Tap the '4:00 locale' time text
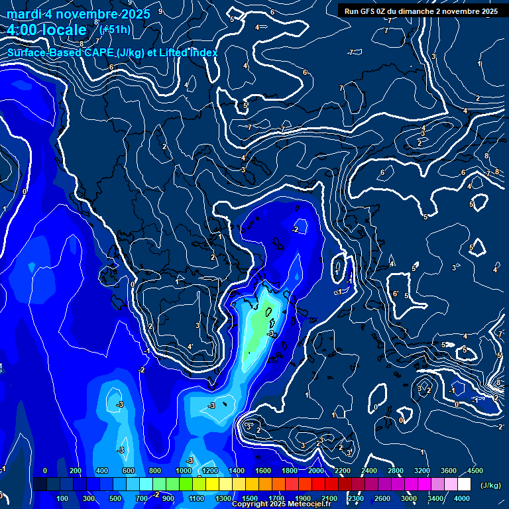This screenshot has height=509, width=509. pyautogui.click(x=46, y=30)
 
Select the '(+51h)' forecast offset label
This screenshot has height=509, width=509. pyautogui.click(x=115, y=29)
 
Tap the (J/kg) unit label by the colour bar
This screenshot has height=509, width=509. pyautogui.click(x=490, y=486)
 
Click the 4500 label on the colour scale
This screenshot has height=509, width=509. pyautogui.click(x=475, y=471)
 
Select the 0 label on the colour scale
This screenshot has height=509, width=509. pyautogui.click(x=45, y=471)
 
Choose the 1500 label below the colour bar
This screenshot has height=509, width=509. pyautogui.click(x=251, y=498)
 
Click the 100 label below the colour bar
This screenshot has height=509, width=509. pyautogui.click(x=63, y=498)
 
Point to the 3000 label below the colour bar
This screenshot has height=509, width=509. pyautogui.click(x=410, y=498)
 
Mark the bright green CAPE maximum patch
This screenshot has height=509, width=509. pyautogui.click(x=263, y=317)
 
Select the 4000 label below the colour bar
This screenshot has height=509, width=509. pyautogui.click(x=462, y=498)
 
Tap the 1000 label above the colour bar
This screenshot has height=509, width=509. pyautogui.click(x=184, y=471)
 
